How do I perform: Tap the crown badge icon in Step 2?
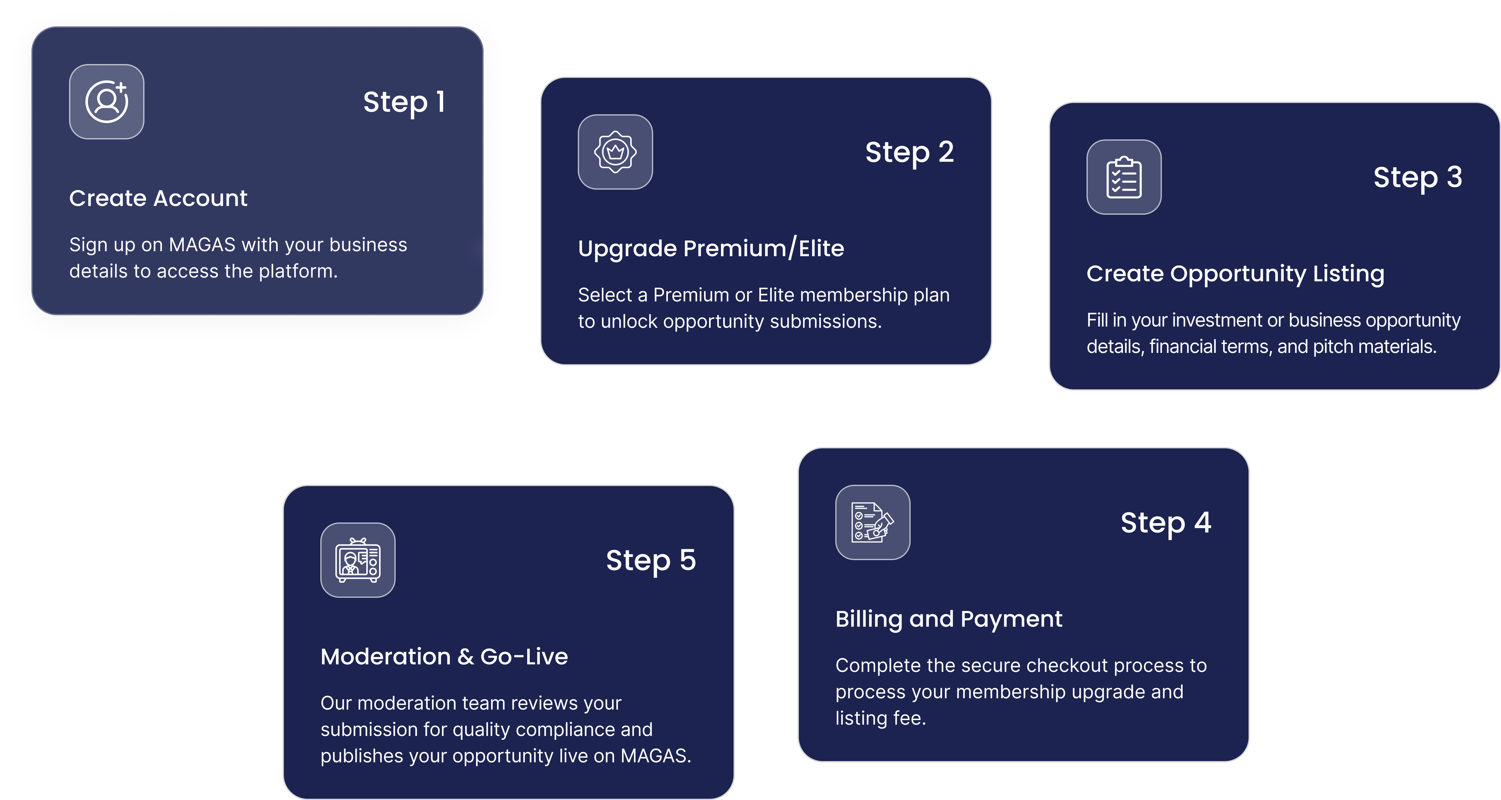point(615,152)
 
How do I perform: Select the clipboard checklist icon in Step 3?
point(1124,177)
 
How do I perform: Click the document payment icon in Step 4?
point(872,522)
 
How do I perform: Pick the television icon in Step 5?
point(358,560)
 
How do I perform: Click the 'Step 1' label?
point(404,103)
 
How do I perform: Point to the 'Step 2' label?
point(910,153)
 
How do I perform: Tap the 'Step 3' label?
point(1418,178)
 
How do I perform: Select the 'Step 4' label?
point(1166,523)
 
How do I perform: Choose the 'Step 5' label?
point(651,560)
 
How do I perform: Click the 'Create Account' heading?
point(159,198)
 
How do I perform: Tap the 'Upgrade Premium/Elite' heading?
point(711,249)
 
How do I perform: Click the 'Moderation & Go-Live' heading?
point(444,657)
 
